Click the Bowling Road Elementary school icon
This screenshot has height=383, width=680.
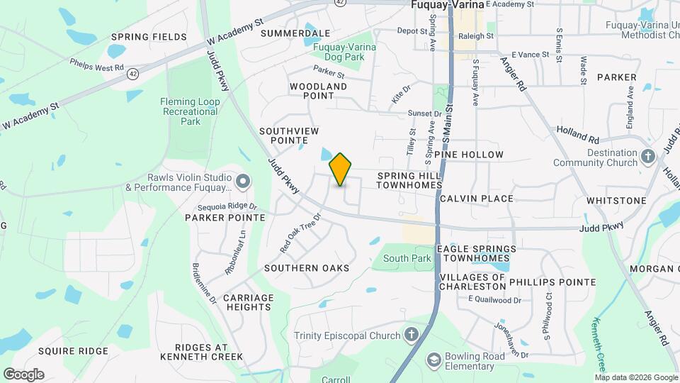[x=432, y=361]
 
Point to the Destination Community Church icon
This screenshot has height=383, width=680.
[x=648, y=157]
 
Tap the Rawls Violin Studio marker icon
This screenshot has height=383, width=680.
[x=243, y=182]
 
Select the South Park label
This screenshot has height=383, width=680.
[x=407, y=258]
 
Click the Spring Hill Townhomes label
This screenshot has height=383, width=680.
[x=409, y=179]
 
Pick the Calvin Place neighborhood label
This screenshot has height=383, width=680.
[x=476, y=199]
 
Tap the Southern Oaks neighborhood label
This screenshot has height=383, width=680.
[x=307, y=268]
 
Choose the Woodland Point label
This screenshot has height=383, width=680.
[x=318, y=91]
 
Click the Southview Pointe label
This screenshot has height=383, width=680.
[x=289, y=136]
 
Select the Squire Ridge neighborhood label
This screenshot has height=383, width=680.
[x=74, y=351]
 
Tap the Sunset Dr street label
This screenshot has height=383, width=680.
[x=424, y=113]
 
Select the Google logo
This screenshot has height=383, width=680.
[x=23, y=374]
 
